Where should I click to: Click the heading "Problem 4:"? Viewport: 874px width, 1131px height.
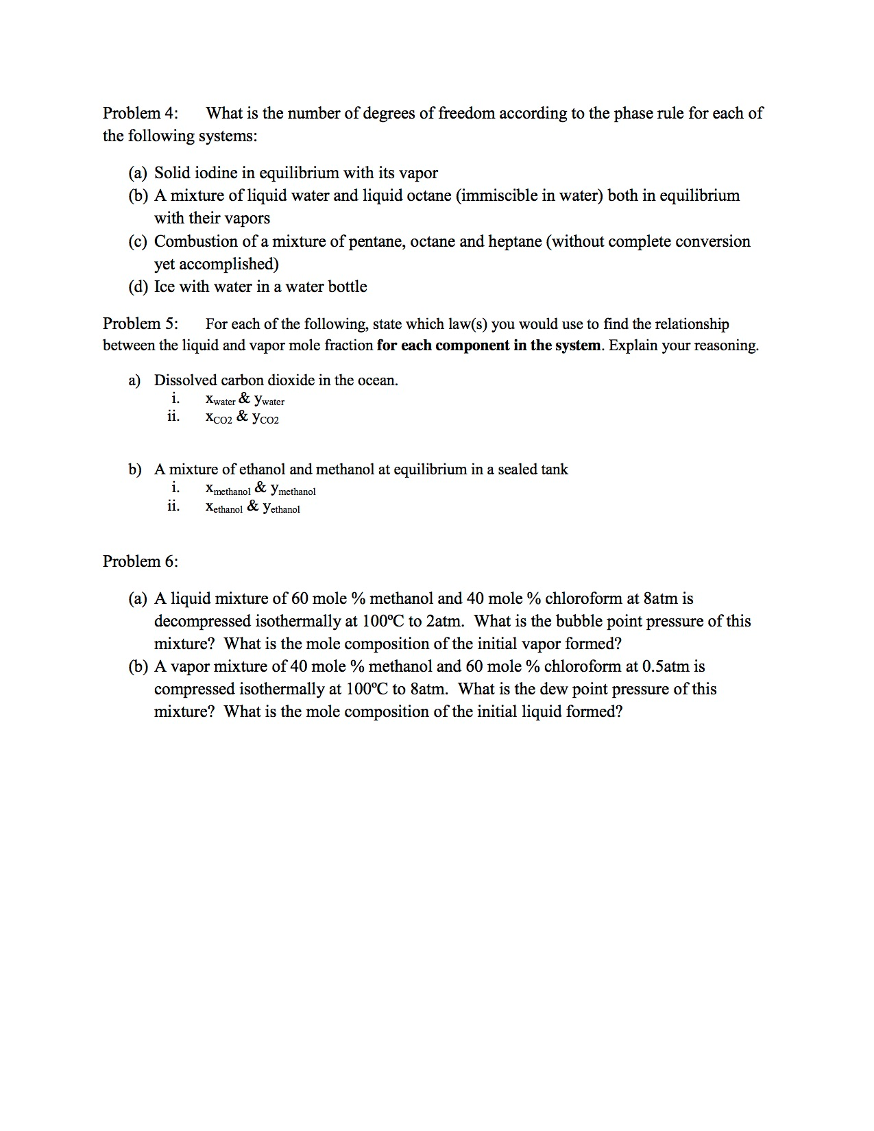pos(140,113)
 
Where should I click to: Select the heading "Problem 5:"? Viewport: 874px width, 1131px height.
pos(140,324)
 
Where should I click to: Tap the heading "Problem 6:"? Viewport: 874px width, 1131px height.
pos(140,561)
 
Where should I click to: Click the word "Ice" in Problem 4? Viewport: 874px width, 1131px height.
pos(165,287)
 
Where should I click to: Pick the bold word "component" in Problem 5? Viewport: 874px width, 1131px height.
pos(474,345)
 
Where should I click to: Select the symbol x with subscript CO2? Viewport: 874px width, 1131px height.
pos(219,417)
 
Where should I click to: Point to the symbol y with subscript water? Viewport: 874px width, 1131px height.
pos(269,400)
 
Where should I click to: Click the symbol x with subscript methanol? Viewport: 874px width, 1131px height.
pos(228,489)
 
